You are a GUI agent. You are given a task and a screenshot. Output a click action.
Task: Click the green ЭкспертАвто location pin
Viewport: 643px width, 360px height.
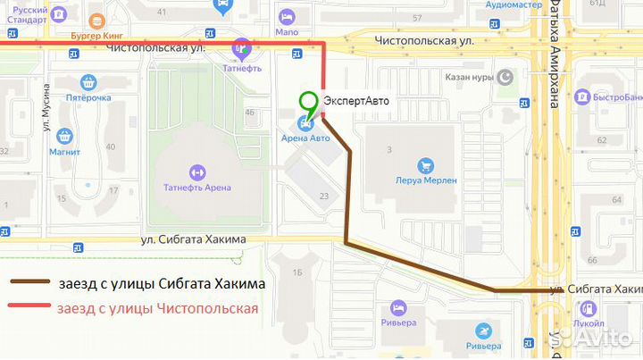[x=309, y=103]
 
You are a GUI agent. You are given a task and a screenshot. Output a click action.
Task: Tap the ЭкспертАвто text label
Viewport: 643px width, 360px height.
[x=356, y=101]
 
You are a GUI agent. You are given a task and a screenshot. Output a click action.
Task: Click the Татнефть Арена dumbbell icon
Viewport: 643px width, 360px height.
[x=197, y=171]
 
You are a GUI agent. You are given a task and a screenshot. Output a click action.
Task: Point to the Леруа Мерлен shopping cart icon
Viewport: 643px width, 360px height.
[x=426, y=164]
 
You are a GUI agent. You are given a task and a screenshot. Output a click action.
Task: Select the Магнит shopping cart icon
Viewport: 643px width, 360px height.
[x=64, y=137]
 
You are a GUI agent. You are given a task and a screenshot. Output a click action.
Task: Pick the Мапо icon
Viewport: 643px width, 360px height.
[x=288, y=17]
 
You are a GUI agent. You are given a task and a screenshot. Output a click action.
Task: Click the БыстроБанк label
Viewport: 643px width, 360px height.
[x=614, y=96]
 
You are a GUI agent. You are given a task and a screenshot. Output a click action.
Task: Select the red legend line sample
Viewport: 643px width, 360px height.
[x=30, y=308]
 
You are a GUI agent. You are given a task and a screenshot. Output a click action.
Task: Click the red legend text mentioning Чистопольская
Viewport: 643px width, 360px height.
[x=157, y=308]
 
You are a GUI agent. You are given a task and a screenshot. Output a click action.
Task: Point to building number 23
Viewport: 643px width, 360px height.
[x=323, y=196]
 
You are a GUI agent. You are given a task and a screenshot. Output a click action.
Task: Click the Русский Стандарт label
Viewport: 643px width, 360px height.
[x=18, y=13]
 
